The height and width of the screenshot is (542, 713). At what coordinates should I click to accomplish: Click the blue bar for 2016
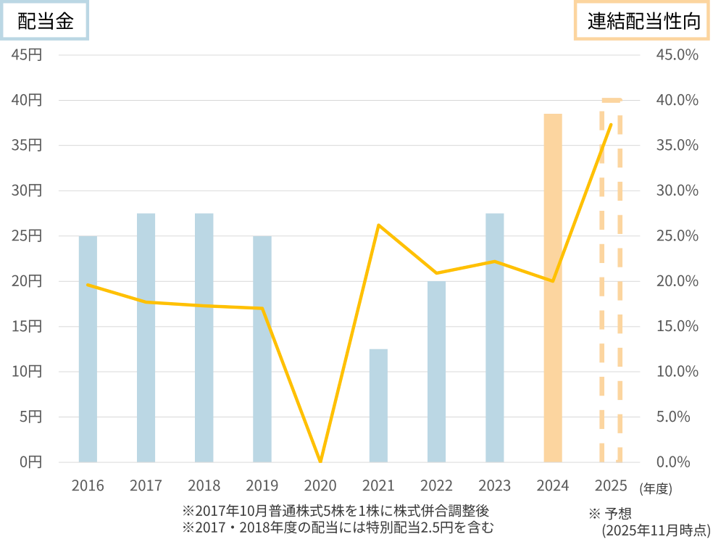click(x=88, y=349)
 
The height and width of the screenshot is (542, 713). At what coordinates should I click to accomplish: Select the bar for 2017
click(x=146, y=337)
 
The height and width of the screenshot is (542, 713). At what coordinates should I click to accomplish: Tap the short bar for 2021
click(x=378, y=405)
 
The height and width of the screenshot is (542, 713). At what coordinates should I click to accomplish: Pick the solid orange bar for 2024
click(x=553, y=288)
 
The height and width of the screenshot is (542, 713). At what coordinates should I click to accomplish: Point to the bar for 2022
click(x=436, y=371)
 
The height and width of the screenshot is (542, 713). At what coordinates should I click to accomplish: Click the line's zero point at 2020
click(x=320, y=461)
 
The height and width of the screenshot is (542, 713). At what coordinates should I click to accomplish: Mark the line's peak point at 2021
click(x=378, y=225)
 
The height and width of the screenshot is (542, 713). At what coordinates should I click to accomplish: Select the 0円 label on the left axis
click(x=30, y=462)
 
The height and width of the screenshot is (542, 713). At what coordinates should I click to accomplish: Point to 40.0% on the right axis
click(x=677, y=100)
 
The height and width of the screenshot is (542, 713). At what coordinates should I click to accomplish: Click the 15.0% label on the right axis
click(x=677, y=326)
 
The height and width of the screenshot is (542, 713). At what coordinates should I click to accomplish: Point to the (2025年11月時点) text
click(x=656, y=530)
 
